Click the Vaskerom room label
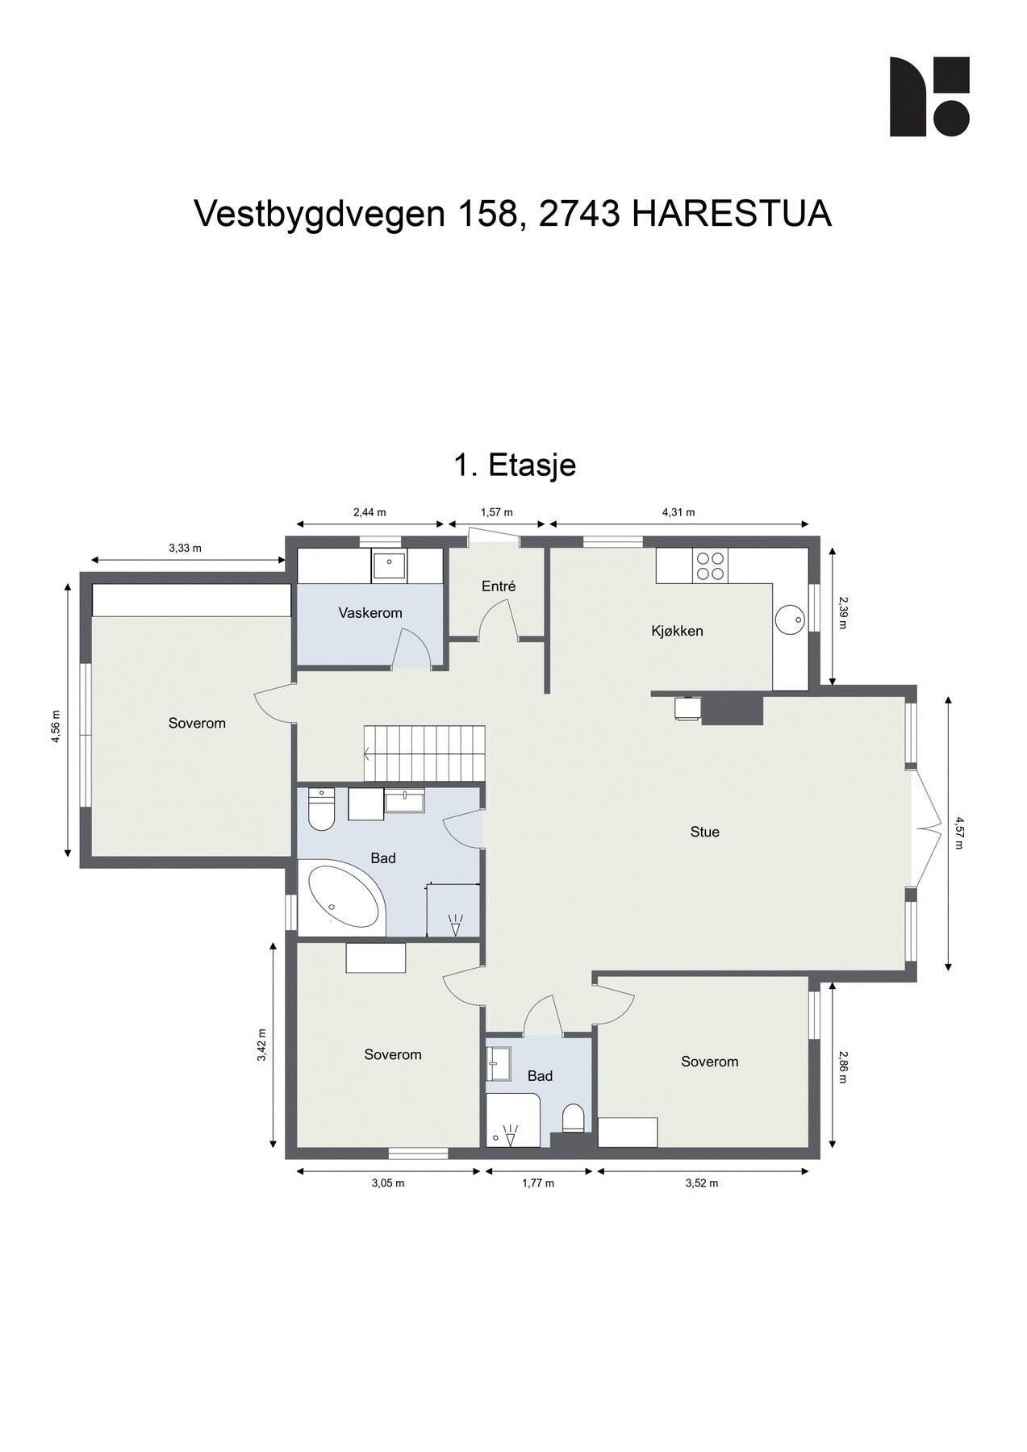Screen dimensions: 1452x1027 pyautogui.click(x=369, y=613)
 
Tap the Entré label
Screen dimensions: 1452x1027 pyautogui.click(x=498, y=586)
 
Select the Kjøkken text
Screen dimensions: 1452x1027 pyautogui.click(x=677, y=631)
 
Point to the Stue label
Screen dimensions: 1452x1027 pyautogui.click(x=704, y=832)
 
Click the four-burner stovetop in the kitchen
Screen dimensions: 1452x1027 pyautogui.click(x=709, y=565)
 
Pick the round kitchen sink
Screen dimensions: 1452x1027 pyautogui.click(x=789, y=620)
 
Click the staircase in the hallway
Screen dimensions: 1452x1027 pyautogui.click(x=424, y=753)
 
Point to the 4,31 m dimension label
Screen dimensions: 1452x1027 pyautogui.click(x=678, y=512)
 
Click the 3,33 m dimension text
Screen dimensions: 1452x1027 pyautogui.click(x=185, y=549)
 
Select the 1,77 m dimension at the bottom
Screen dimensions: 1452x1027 pyautogui.click(x=538, y=1183)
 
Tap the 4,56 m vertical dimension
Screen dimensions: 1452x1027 pyautogui.click(x=56, y=728)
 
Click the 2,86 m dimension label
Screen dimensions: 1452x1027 pyautogui.click(x=842, y=1066)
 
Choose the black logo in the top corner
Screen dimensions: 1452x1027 pyautogui.click(x=929, y=97)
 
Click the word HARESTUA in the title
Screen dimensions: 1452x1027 pyautogui.click(x=731, y=215)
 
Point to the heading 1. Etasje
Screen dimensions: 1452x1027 pyautogui.click(x=515, y=465)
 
